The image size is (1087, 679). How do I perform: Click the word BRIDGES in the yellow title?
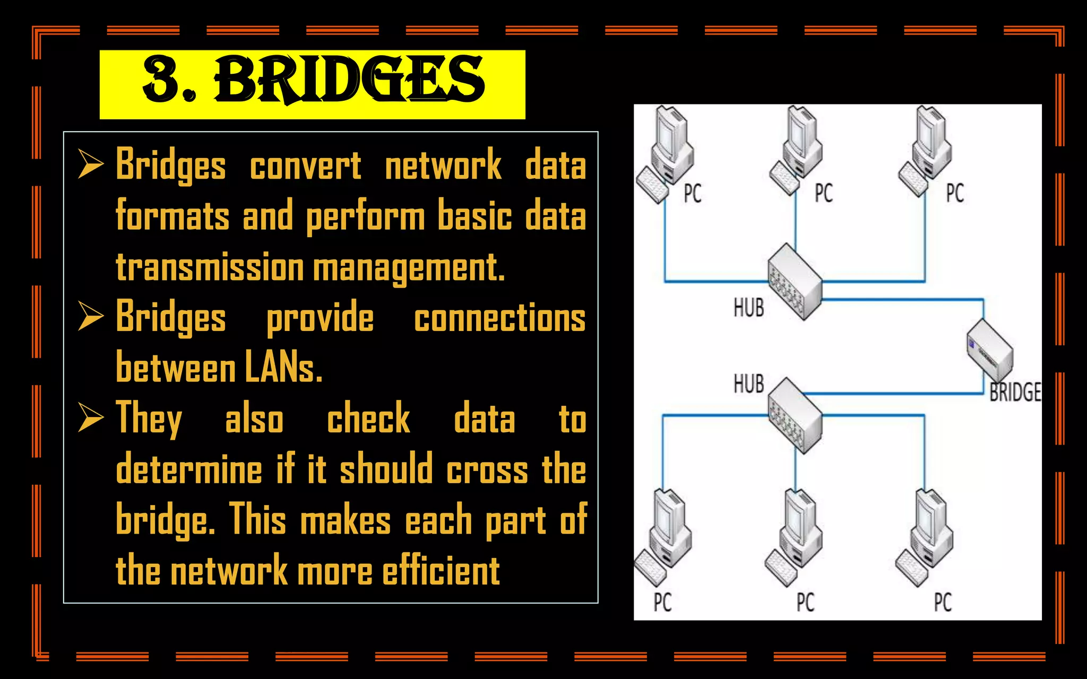pyautogui.click(x=349, y=81)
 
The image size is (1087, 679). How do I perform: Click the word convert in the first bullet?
pyautogui.click(x=305, y=166)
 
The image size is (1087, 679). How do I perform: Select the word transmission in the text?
pyautogui.click(x=210, y=267)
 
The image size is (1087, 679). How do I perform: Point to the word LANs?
pyautogui.click(x=283, y=368)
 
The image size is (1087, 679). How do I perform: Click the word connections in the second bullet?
pyautogui.click(x=499, y=318)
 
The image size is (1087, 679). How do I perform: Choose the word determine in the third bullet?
pyautogui.click(x=189, y=469)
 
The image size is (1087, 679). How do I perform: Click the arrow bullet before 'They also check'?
pyautogui.click(x=90, y=417)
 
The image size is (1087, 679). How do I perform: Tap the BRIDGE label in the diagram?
pyautogui.click(x=1014, y=393)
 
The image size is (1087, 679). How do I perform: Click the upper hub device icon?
pyautogui.click(x=795, y=282)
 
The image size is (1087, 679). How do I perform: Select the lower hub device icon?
pyautogui.click(x=795, y=415)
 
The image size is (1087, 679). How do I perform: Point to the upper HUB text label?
pyautogui.click(x=748, y=308)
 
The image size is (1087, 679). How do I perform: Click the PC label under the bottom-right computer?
pyautogui.click(x=943, y=603)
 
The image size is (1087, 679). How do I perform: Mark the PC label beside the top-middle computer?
pyautogui.click(x=824, y=193)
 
